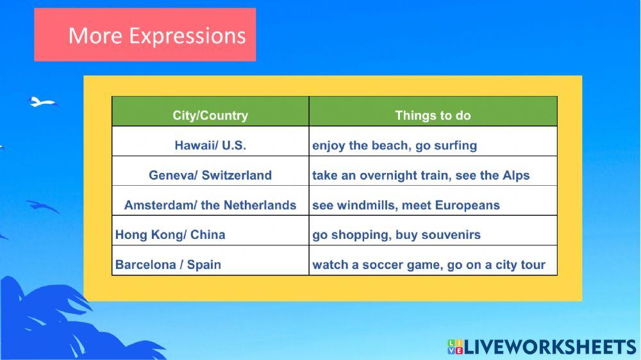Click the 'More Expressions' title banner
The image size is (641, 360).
tap(145, 35)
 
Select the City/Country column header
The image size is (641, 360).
tap(210, 111)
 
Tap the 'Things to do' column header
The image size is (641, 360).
tap(433, 111)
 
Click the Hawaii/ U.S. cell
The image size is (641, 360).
tap(210, 142)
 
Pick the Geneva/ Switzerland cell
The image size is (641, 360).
tap(210, 171)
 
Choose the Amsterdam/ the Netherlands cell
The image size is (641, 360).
tap(210, 201)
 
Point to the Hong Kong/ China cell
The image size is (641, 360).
tap(210, 231)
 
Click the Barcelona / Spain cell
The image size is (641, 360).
tap(210, 261)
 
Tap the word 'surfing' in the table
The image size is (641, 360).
tap(455, 146)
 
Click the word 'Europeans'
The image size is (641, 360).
tap(467, 206)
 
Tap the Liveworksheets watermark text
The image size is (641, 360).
tap(550, 347)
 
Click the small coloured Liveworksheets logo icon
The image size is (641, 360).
tap(455, 347)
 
